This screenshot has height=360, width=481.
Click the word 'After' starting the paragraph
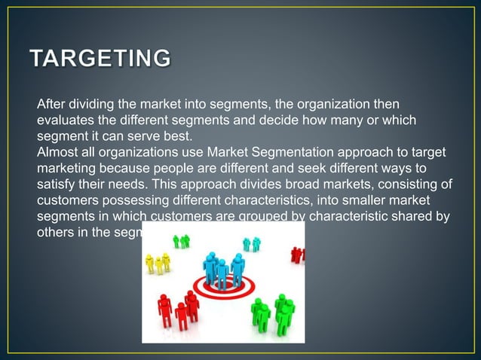[52, 103]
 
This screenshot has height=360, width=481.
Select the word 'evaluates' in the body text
[66, 120]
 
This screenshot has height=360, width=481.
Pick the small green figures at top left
[182, 241]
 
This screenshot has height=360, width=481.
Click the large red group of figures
[178, 310]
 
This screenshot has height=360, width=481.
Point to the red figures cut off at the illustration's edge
[298, 255]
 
